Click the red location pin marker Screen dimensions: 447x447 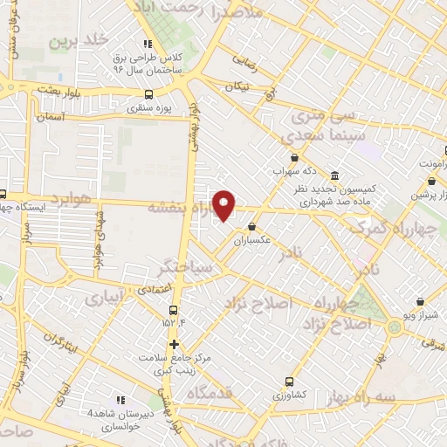[224, 206]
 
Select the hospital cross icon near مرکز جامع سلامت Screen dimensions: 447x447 [174, 344]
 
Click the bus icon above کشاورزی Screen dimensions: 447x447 [289, 381]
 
